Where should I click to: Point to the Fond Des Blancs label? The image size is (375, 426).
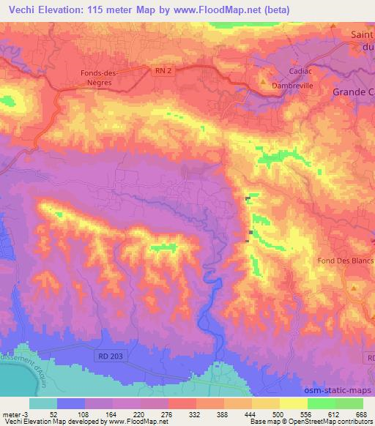345,261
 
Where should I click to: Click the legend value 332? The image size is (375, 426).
196,414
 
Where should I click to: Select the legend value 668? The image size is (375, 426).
360,414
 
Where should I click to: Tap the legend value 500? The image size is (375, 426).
278,414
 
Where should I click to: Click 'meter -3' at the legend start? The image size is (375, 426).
16,414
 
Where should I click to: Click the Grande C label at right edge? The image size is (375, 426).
352,92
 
